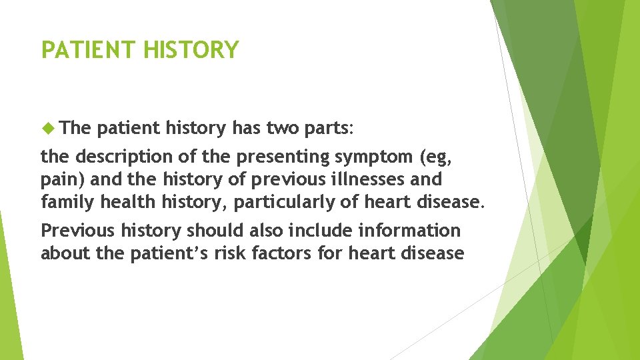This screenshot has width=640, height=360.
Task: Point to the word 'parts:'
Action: pos(333,128)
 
